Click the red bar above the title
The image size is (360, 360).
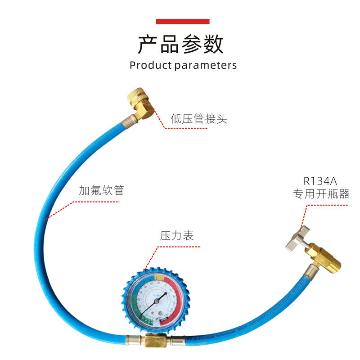coord(182,22)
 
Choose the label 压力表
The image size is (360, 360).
coord(177,235)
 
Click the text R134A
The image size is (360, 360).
coord(320,182)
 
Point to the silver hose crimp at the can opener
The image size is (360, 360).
coord(310,271)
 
